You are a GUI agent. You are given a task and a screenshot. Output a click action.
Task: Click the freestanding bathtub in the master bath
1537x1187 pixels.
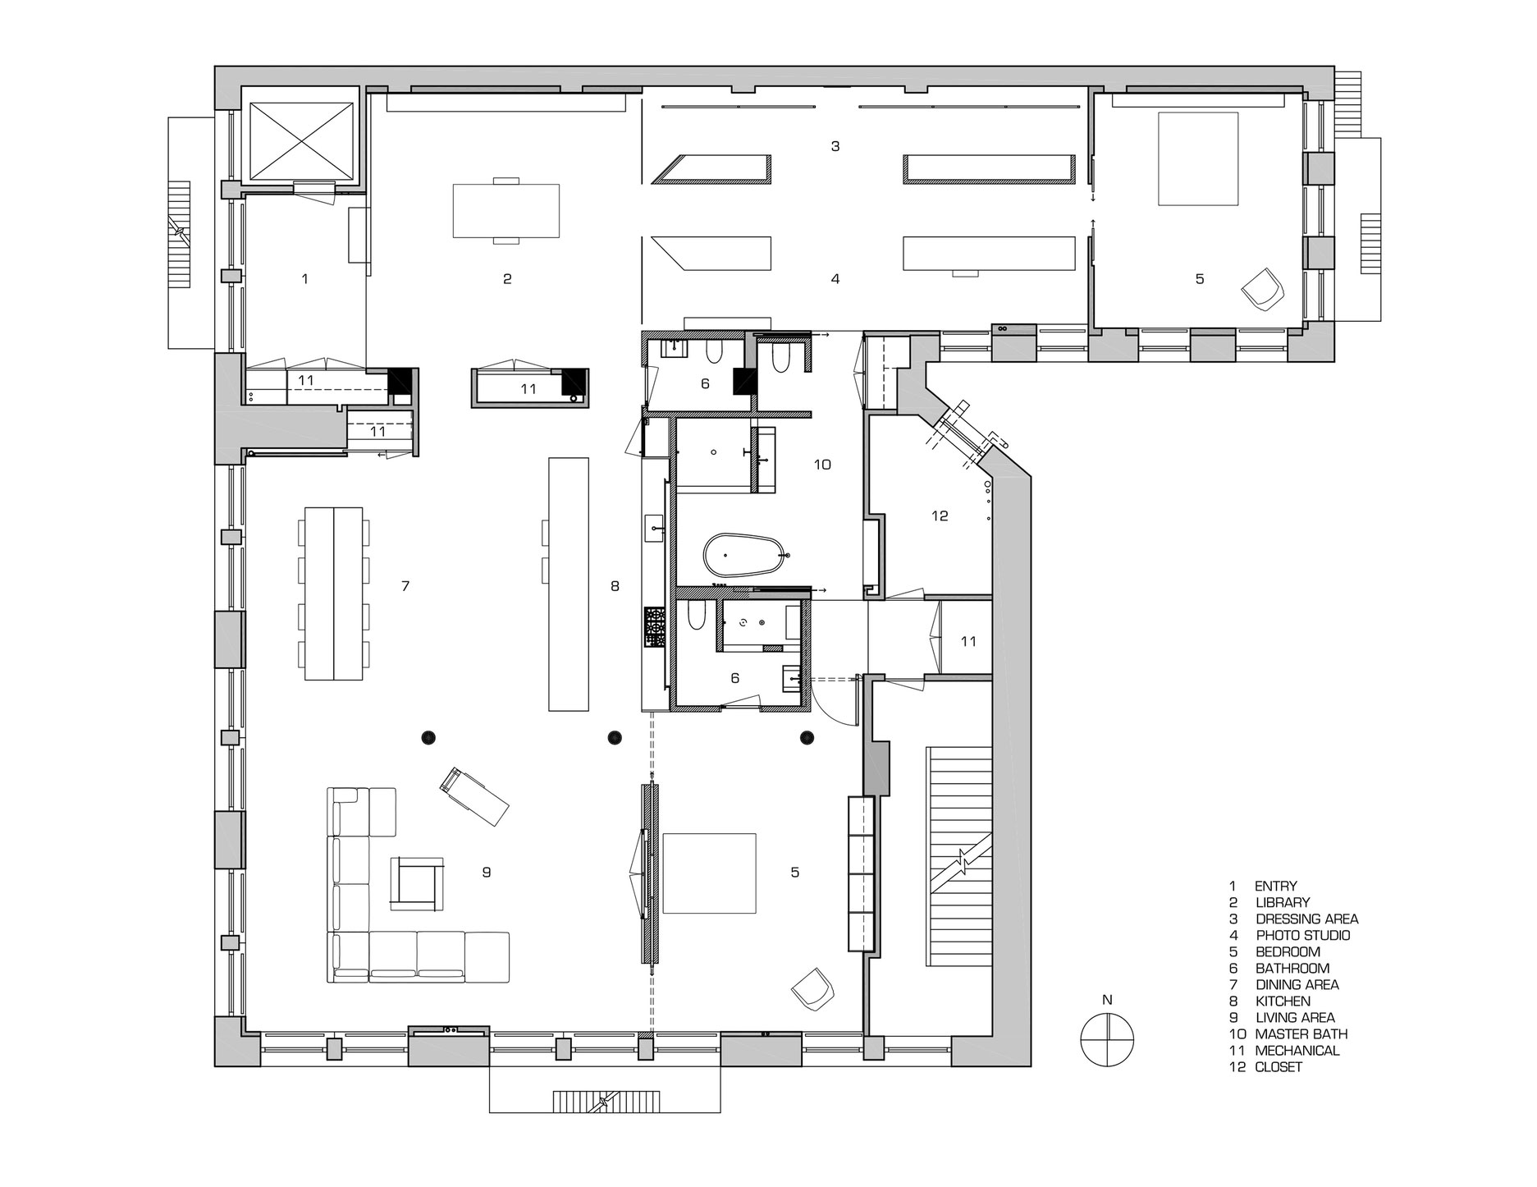click(x=745, y=557)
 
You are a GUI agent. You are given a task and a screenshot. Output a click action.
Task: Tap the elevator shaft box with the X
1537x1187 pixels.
click(x=301, y=140)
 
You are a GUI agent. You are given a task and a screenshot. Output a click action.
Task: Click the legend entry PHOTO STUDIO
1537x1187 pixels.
click(x=1302, y=935)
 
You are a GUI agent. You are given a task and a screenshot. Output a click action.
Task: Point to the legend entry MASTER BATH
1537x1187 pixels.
click(x=1301, y=1033)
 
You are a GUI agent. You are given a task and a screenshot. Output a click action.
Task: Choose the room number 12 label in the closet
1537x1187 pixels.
click(x=940, y=516)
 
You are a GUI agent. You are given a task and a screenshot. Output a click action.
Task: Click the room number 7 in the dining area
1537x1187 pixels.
click(x=405, y=586)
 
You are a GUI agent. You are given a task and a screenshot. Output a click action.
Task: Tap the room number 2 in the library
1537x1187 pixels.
click(x=507, y=279)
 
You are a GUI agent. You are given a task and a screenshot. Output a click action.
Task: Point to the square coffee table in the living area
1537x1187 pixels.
click(x=417, y=883)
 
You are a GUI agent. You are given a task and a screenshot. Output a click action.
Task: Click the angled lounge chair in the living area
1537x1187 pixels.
click(x=474, y=795)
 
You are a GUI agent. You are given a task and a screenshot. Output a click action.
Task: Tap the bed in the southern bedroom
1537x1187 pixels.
click(x=709, y=873)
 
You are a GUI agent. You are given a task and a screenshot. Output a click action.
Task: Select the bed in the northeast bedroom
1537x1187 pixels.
click(x=1197, y=158)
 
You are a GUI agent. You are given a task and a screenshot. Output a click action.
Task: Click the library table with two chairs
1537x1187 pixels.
click(x=506, y=210)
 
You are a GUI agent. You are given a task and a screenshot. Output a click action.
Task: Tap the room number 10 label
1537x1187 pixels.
click(x=822, y=465)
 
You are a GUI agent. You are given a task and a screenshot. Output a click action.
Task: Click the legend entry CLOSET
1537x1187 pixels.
click(x=1279, y=1066)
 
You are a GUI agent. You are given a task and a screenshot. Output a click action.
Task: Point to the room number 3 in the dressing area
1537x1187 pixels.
click(x=835, y=147)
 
